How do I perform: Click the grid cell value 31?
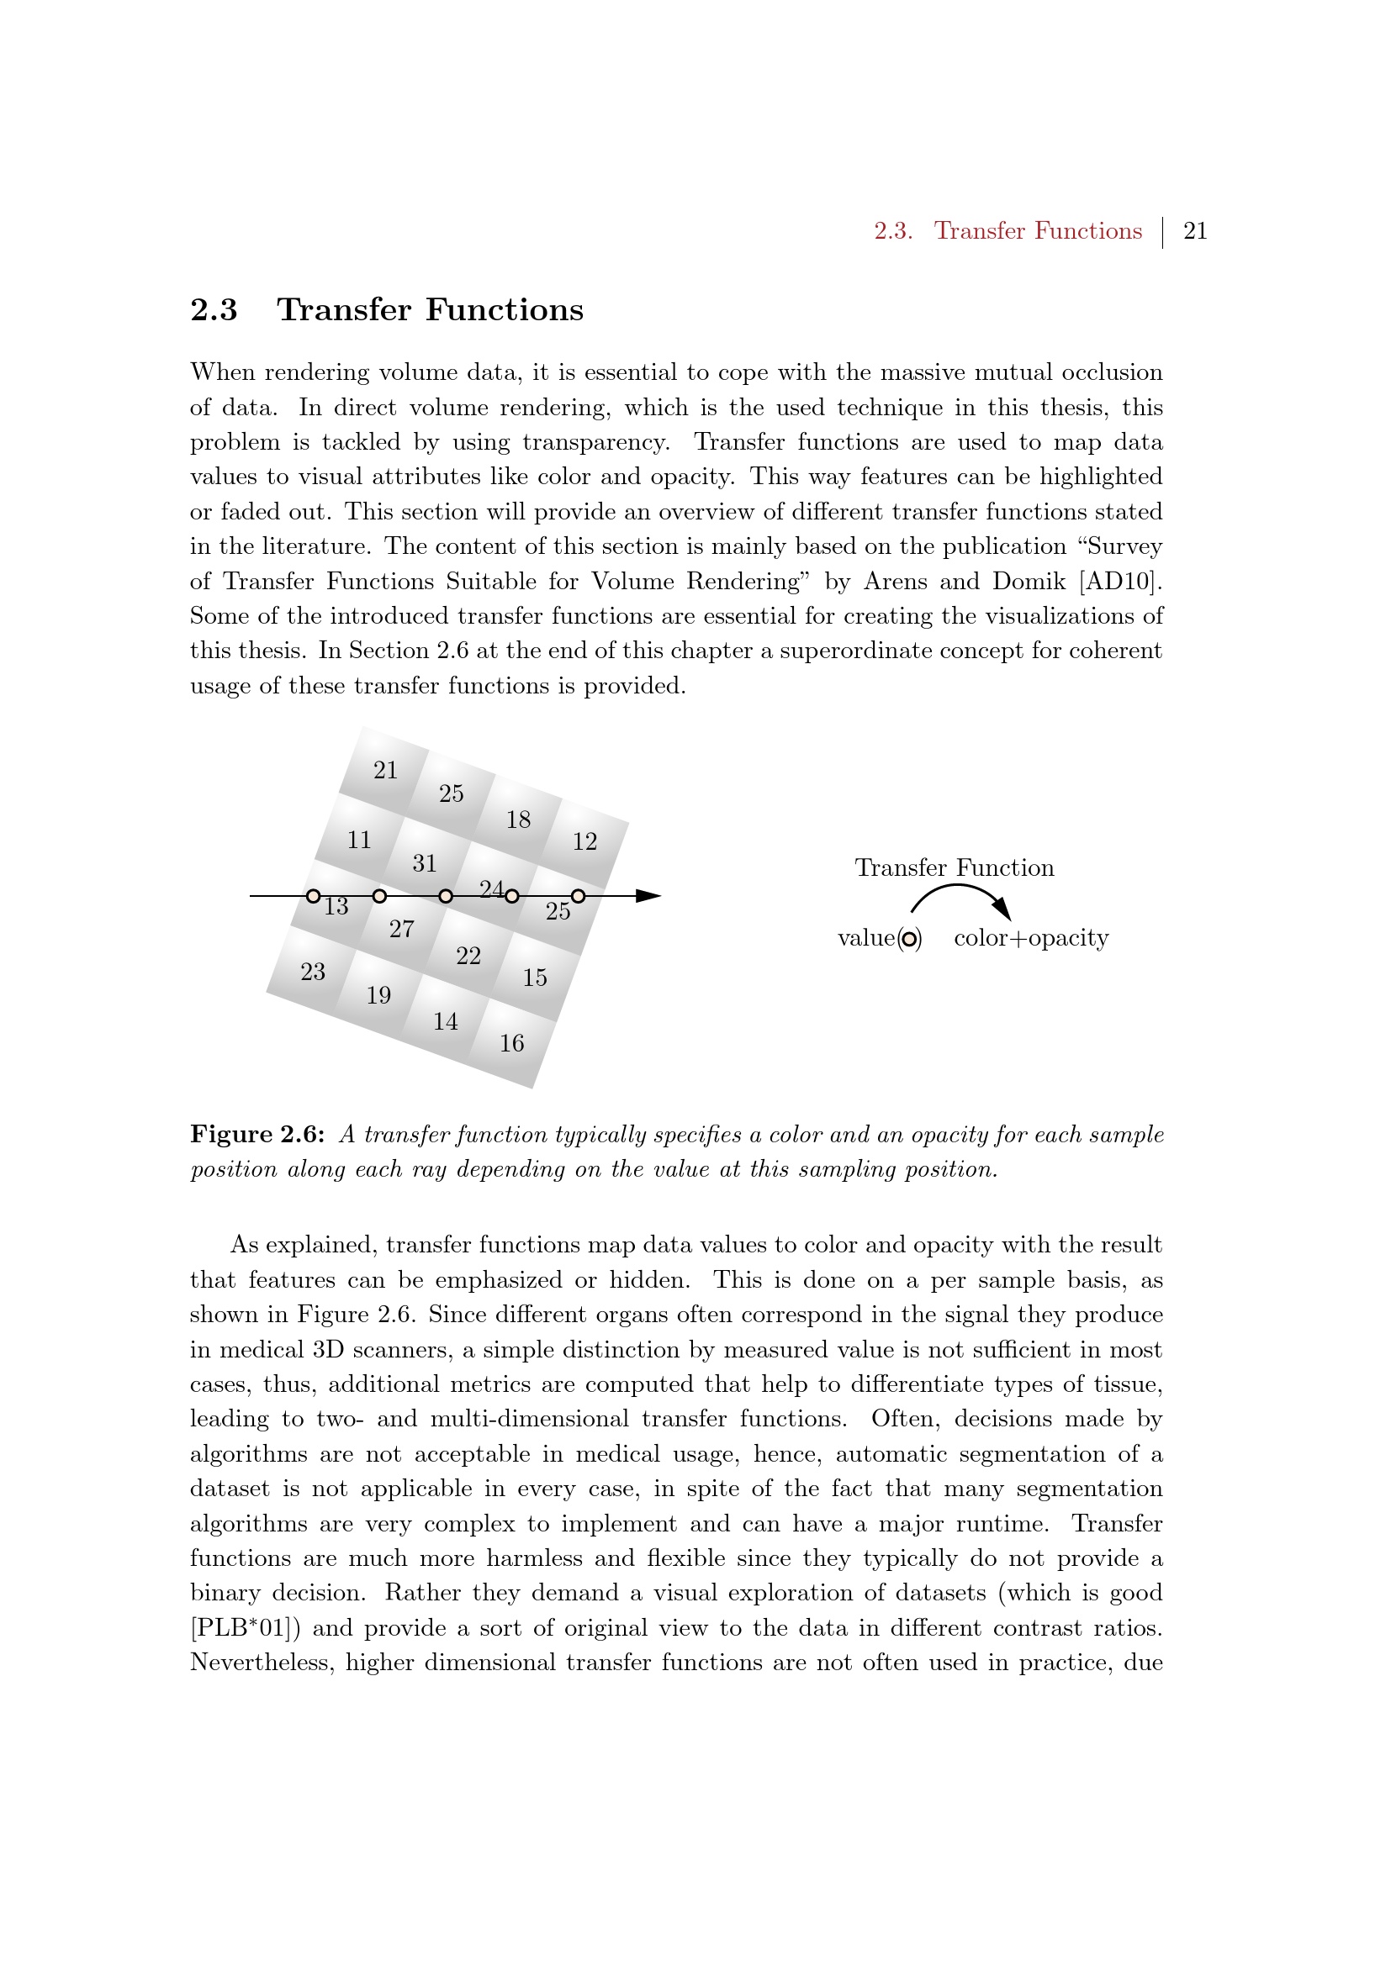425,863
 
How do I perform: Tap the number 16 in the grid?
512,1043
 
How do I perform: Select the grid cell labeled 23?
313,972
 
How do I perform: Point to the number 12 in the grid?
585,841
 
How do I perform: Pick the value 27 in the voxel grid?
402,929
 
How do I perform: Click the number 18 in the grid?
518,820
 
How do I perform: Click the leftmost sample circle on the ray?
314,897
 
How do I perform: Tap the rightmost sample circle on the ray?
578,897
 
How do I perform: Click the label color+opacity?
1031,939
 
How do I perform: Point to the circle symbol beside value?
910,940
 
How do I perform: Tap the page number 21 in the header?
1195,231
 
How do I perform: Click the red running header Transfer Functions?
1037,231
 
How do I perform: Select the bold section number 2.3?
214,310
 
